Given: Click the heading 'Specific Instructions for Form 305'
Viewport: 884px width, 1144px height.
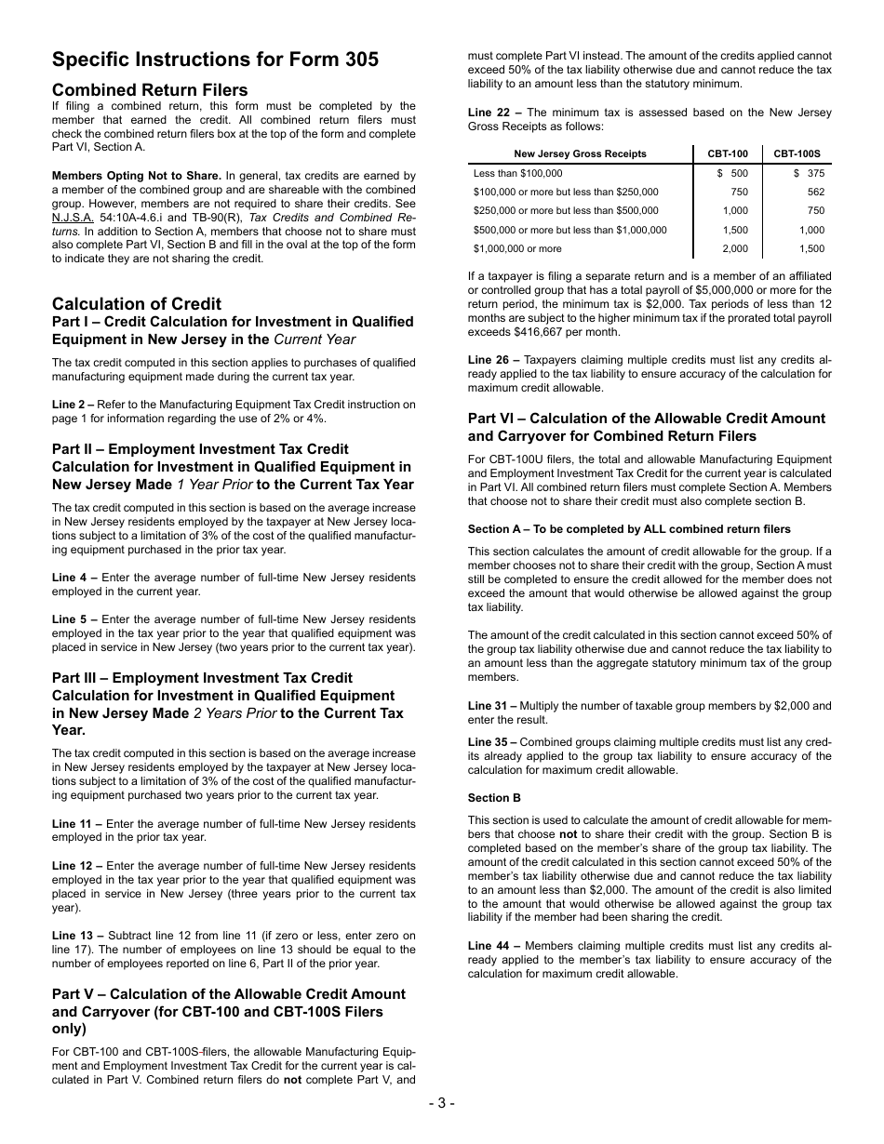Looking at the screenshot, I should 215,60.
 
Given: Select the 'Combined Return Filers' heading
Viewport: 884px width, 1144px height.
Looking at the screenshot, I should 150,90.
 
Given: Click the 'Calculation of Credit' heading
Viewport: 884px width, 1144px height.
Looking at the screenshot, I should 137,304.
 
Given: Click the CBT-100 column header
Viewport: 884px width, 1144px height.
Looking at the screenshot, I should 727,153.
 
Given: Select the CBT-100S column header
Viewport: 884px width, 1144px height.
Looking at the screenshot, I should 797,153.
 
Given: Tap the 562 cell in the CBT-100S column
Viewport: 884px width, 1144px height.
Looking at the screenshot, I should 815,192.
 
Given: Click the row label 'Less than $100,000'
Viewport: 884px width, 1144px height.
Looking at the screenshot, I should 517,173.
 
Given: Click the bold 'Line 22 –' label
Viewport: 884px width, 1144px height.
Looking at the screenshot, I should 494,113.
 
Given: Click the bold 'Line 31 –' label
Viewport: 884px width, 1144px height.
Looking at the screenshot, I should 494,706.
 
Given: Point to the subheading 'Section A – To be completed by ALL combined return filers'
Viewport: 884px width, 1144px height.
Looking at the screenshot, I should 629,529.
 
